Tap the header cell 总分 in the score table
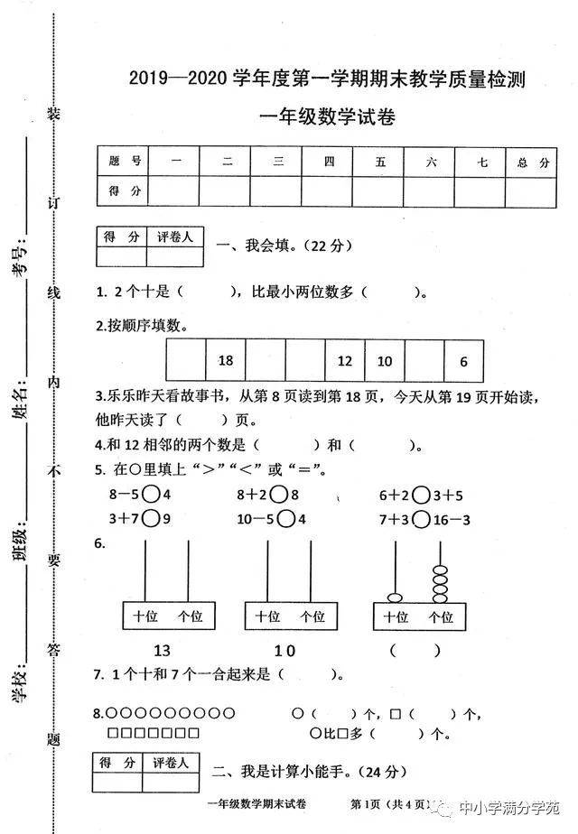point(531,162)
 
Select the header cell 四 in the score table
point(327,162)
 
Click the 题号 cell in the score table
point(123,162)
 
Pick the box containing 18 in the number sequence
point(226,361)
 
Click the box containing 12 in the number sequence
point(345,361)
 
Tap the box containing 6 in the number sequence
point(463,362)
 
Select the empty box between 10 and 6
point(424,362)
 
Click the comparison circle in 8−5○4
point(151,495)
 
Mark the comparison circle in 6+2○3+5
point(421,496)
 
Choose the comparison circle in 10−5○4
point(286,519)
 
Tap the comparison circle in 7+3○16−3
point(421,520)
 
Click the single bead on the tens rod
point(395,598)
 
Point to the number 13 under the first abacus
point(162,651)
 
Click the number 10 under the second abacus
point(284,651)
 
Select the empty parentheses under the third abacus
point(415,650)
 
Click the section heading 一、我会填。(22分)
point(284,246)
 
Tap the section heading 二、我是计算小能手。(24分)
point(309,771)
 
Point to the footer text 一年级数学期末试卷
point(256,803)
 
